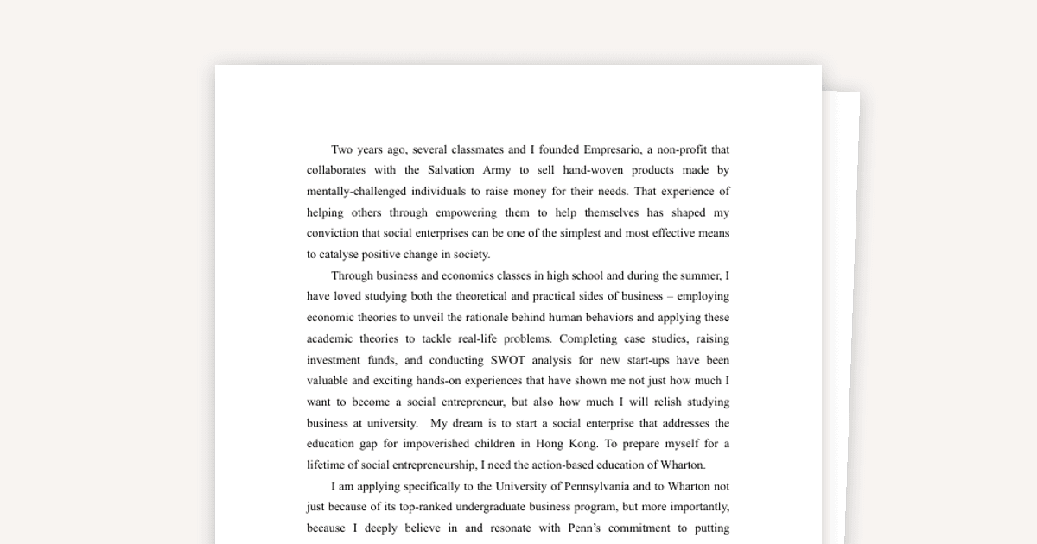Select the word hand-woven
(x=592, y=170)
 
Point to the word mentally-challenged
(x=356, y=192)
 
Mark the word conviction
(x=334, y=233)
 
